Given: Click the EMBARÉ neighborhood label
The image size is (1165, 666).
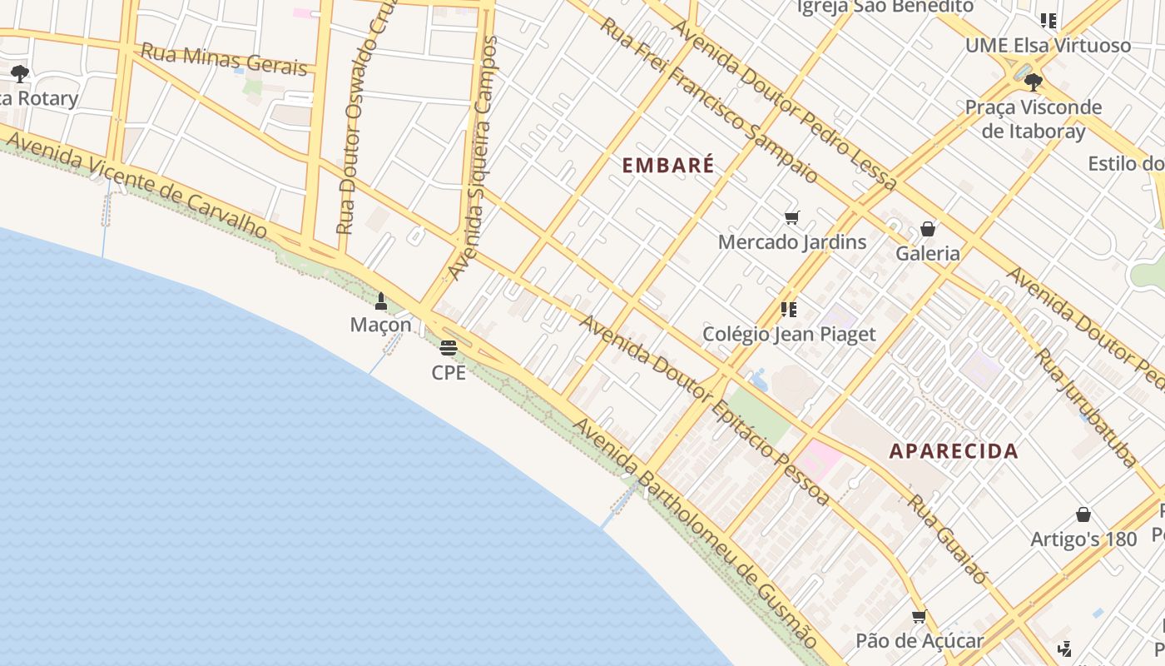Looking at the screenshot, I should [x=668, y=165].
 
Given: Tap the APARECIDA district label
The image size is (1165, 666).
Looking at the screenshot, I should [x=954, y=451].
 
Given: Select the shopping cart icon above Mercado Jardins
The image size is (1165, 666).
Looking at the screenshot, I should [x=791, y=218].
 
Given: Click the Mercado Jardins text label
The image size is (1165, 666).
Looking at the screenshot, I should [x=792, y=242].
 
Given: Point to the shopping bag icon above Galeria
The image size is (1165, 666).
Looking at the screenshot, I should [x=928, y=229].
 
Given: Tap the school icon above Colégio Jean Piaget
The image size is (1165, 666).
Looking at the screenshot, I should [x=789, y=310].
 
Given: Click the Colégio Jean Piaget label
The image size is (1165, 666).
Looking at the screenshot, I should [x=789, y=334].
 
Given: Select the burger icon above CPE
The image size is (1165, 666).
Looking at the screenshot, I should [x=449, y=347].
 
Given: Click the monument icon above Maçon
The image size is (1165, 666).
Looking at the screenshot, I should [x=381, y=301].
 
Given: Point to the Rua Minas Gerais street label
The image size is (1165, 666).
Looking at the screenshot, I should [x=224, y=59].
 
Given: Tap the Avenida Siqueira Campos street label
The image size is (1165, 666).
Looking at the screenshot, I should [x=473, y=158].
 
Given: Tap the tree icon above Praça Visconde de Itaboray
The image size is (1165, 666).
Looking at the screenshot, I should [x=1033, y=82].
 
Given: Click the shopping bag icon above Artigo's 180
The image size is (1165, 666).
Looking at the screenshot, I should [x=1083, y=514].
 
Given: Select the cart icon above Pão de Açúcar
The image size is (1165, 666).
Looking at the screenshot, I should [x=919, y=617].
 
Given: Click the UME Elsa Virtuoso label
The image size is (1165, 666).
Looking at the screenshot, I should [x=1048, y=45].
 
